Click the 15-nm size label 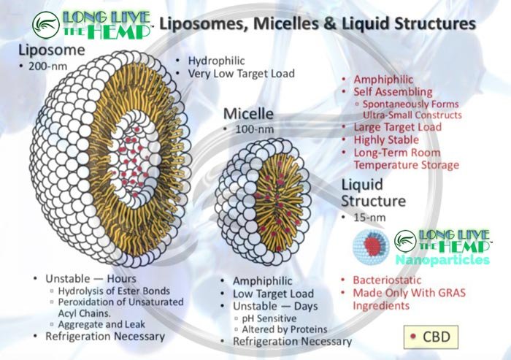[365, 217]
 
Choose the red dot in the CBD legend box [414, 337]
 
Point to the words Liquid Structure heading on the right [373, 191]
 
